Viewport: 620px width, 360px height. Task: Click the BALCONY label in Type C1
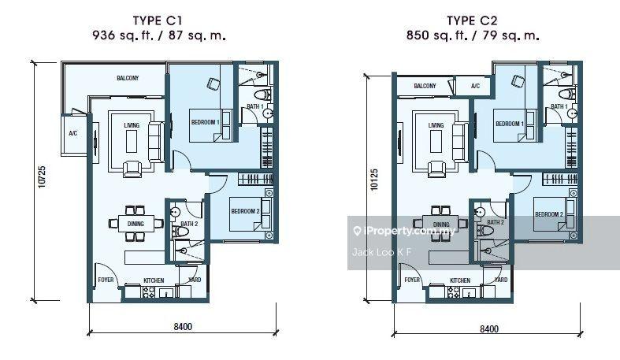coord(128,78)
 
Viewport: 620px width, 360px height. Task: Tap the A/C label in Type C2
coord(475,86)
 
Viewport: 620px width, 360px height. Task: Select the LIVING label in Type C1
coord(131,124)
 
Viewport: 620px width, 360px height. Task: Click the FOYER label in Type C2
coord(411,280)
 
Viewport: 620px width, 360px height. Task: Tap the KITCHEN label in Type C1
coord(154,280)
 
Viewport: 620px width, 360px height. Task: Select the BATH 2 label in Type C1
coord(187,224)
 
